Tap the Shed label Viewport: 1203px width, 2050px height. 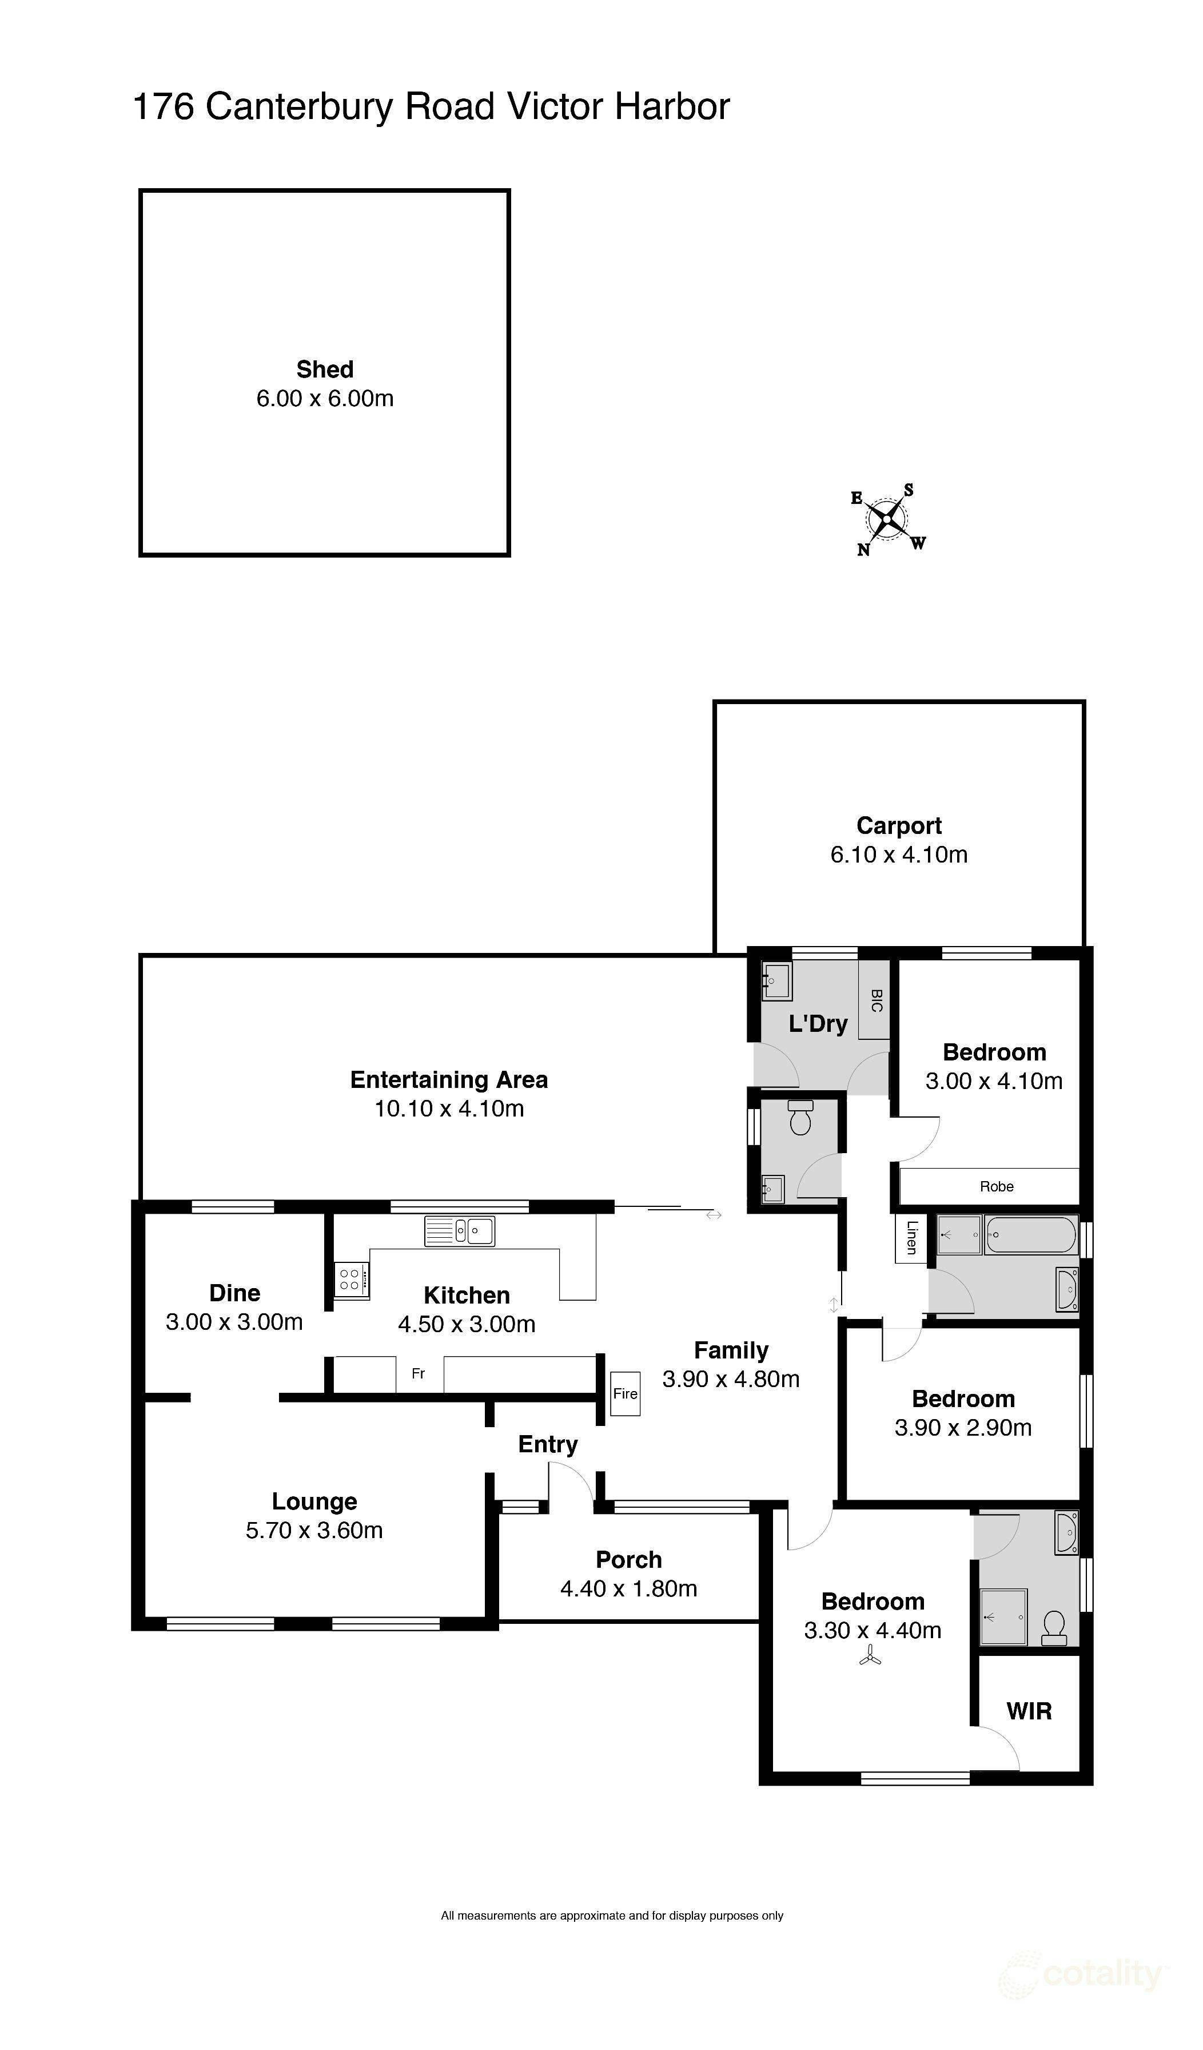[325, 370]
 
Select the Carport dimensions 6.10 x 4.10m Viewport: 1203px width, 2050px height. [899, 854]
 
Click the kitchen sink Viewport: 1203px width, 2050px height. [459, 1231]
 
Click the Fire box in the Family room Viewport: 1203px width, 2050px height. [626, 1393]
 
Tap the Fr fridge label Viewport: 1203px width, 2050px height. [418, 1373]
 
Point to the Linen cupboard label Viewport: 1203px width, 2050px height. [911, 1237]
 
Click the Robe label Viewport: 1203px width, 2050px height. [997, 1186]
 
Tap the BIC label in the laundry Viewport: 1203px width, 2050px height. [876, 1000]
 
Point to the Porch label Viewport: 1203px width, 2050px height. [629, 1559]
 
